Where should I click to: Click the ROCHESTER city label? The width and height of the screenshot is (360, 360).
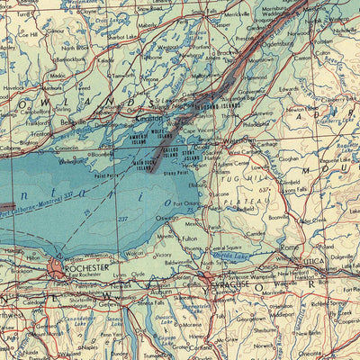(x=85, y=267)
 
